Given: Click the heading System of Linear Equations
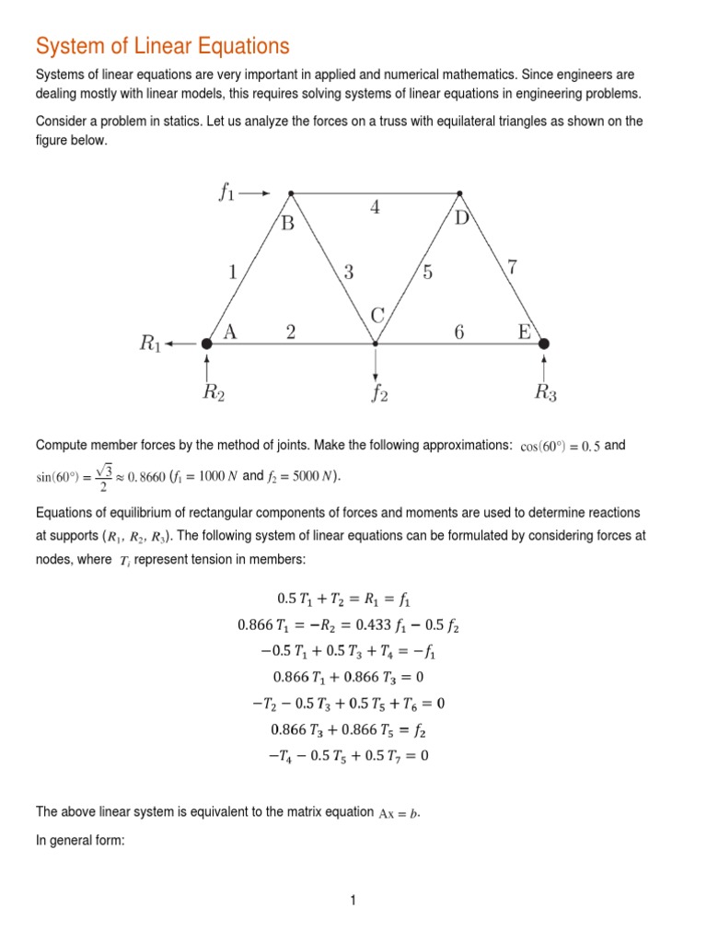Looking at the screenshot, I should (x=162, y=45).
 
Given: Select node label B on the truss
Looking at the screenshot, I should (x=287, y=224).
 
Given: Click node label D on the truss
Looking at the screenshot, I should (x=462, y=219).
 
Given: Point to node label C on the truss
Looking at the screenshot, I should (x=377, y=316).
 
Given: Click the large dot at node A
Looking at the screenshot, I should (x=207, y=343).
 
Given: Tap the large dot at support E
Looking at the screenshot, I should (x=544, y=343).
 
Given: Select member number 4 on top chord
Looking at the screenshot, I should (x=375, y=207).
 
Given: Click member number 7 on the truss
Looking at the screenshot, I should (x=513, y=268).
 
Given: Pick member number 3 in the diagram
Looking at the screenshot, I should (x=348, y=272).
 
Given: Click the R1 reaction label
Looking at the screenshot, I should (x=151, y=343).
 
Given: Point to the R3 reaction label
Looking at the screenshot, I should (x=545, y=393).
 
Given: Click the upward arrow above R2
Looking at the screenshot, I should (x=207, y=367).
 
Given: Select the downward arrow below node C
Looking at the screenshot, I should (x=376, y=364).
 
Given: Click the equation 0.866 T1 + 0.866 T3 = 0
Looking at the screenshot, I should (x=349, y=680).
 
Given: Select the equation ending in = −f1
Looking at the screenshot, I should (x=349, y=653).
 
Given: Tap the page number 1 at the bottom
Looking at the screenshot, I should (x=352, y=901).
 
